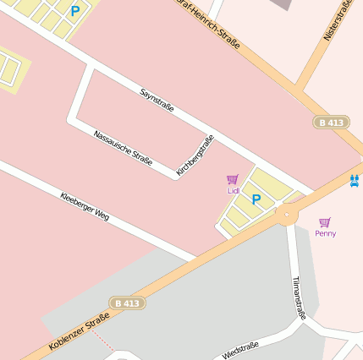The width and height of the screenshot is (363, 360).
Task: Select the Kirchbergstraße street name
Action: coord(195,155)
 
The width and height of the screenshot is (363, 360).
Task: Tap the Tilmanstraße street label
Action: coord(298,297)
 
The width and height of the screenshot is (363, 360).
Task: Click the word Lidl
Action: coord(234,191)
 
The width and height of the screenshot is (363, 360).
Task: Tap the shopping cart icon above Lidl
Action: coord(233,179)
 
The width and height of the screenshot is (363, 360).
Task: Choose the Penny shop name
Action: coord(325,233)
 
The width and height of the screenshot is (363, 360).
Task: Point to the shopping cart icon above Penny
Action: coord(325,222)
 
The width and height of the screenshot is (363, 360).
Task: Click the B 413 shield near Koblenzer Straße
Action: coord(125,303)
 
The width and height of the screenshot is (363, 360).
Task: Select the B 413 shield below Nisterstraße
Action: coord(331,123)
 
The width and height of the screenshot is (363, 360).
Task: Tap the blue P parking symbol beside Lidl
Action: coord(256,200)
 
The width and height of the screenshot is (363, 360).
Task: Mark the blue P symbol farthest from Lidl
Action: coord(75,12)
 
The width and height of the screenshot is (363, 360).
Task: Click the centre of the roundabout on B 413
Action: coord(287,215)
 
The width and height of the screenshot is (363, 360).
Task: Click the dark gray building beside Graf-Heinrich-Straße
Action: coord(282,4)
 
